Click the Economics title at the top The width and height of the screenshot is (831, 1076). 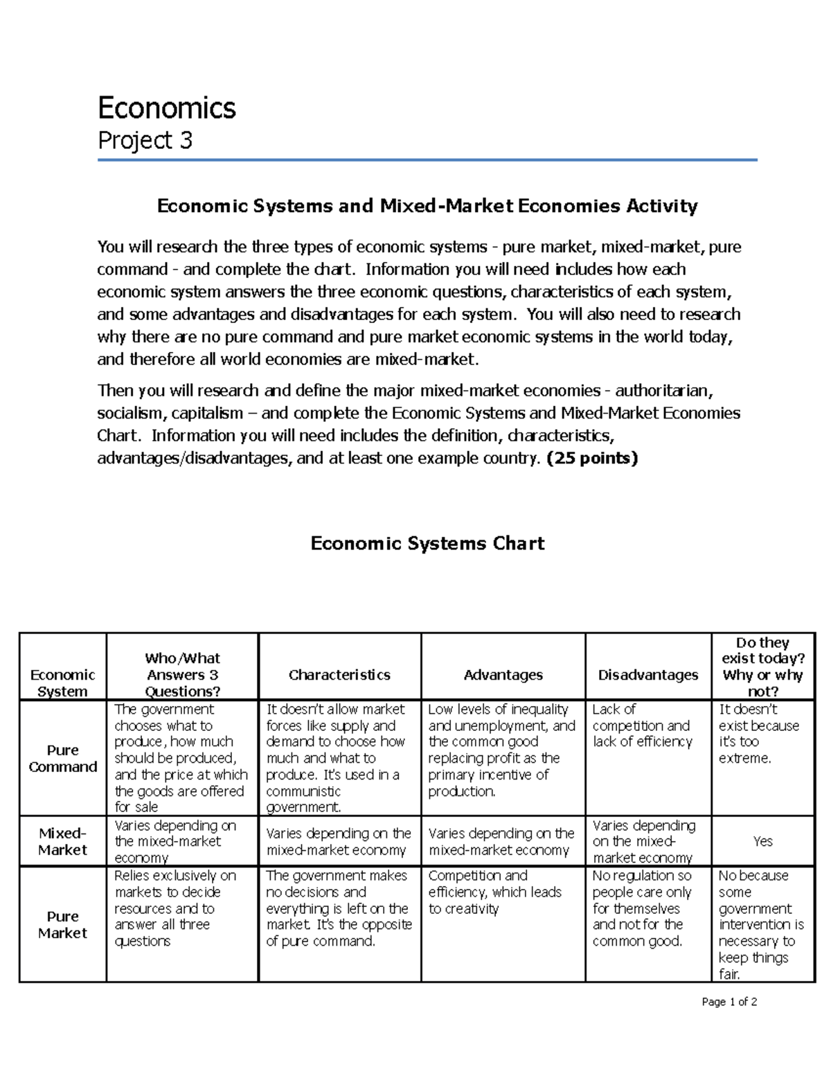167,108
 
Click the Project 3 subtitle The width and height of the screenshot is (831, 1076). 145,141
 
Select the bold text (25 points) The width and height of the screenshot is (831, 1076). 592,458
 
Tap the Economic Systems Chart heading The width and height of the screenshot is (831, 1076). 427,543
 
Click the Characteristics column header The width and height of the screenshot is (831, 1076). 339,675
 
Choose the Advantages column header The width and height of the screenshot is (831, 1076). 503,675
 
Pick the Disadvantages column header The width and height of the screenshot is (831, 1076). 647,675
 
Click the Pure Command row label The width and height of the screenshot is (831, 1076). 62,758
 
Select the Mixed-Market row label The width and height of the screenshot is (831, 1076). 62,841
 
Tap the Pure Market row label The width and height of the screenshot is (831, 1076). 62,924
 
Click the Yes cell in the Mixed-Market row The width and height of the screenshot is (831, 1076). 762,841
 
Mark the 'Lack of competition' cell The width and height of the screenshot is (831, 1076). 642,725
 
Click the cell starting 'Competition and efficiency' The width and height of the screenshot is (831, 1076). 495,892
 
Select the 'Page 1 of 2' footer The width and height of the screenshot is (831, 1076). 729,1002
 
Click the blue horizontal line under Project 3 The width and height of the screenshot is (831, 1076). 427,160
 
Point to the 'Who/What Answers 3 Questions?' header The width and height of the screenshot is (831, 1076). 182,674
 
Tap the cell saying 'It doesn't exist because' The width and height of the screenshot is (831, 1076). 758,734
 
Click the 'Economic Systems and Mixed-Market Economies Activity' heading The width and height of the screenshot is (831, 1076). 427,206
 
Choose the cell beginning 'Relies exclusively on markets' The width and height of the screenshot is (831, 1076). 175,908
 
